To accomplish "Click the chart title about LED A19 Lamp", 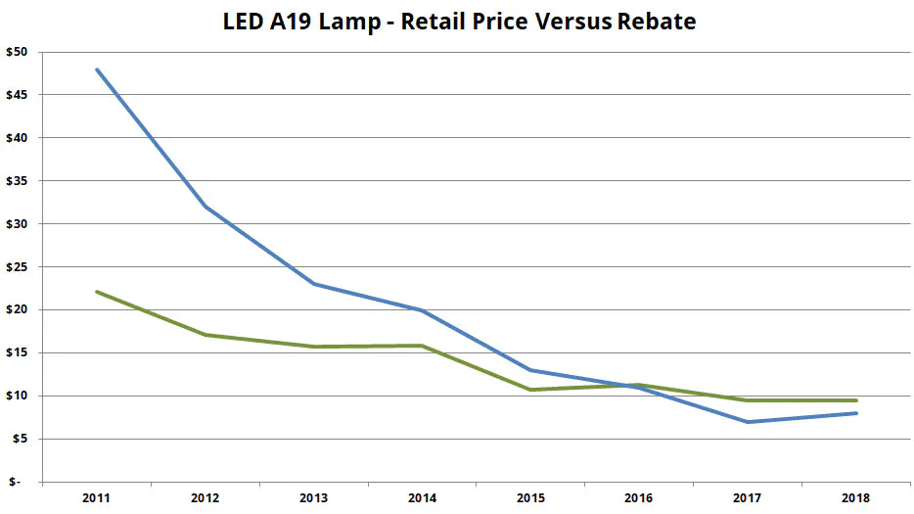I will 459,21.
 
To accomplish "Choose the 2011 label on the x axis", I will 96,498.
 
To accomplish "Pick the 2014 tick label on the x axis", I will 422,498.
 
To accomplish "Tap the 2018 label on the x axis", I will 856,498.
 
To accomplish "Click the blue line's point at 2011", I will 96,70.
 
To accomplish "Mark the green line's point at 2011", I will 96,292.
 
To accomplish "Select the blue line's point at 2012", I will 205,207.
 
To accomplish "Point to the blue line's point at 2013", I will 313,284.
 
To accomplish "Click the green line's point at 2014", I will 422,346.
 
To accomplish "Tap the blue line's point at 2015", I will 530,370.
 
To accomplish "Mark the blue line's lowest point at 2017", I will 748,422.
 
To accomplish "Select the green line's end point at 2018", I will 856,400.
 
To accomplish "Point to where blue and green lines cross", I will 634,387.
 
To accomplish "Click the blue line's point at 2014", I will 422,310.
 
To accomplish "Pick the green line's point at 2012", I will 205,335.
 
